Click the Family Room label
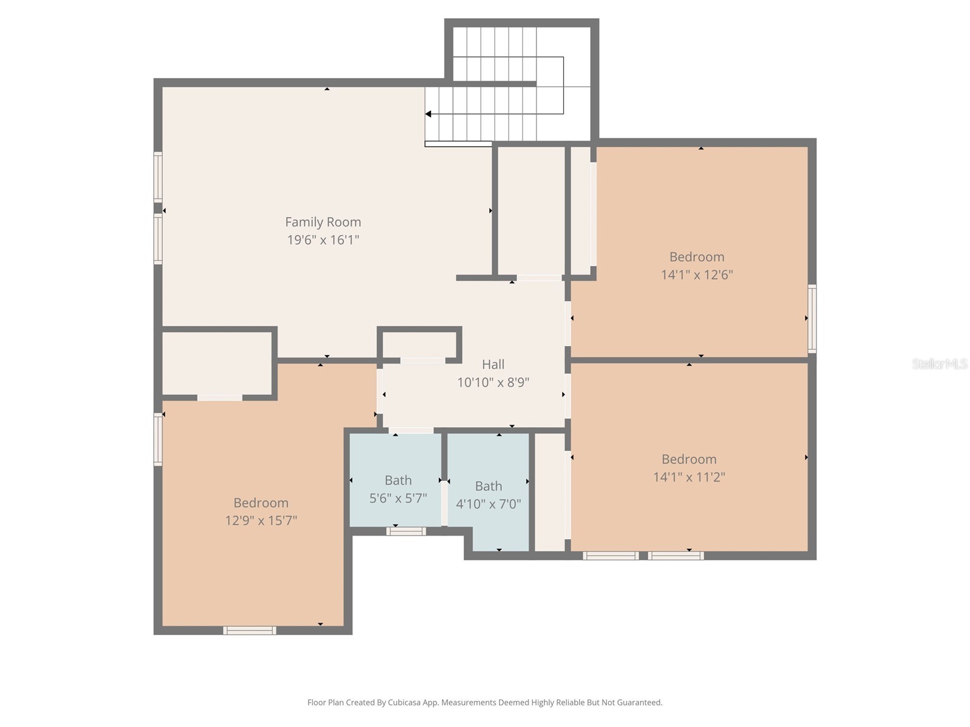[323, 222]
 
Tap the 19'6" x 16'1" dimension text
[323, 240]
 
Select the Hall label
[493, 365]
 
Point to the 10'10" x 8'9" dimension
[493, 382]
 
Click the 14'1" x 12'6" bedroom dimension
[697, 274]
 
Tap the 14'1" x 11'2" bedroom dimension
[689, 477]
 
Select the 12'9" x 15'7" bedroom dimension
[261, 520]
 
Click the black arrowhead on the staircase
[428, 114]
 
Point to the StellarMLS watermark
[939, 364]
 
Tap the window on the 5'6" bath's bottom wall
[406, 531]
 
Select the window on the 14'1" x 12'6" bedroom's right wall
[812, 319]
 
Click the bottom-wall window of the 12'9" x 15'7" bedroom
[250, 630]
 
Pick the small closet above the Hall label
[420, 345]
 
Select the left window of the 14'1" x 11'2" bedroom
[610, 556]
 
